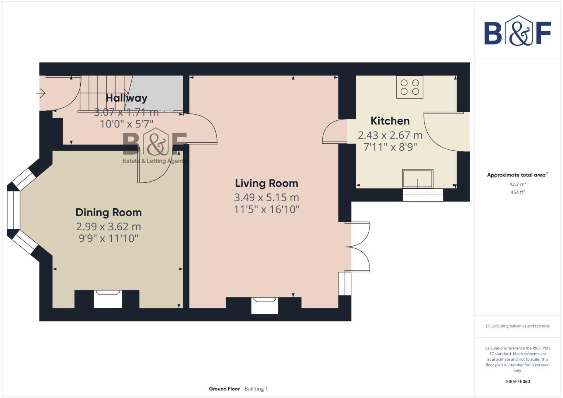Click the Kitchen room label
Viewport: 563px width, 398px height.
390,121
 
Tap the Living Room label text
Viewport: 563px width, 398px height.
266,183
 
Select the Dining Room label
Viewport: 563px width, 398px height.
108,212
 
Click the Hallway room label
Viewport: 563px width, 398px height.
126,98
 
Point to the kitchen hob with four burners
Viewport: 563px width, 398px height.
410,87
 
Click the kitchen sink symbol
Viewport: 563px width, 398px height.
417,179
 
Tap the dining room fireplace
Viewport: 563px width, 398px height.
108,298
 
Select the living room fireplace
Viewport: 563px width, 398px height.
264,306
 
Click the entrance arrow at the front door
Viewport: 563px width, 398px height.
41,94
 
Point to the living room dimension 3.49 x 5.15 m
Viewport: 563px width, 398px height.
266,198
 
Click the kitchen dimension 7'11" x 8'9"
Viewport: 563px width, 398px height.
390,147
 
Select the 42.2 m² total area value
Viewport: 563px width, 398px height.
517,184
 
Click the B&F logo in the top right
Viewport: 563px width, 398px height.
517,31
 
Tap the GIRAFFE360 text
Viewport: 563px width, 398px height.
517,381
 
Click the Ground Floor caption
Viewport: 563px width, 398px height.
224,389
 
